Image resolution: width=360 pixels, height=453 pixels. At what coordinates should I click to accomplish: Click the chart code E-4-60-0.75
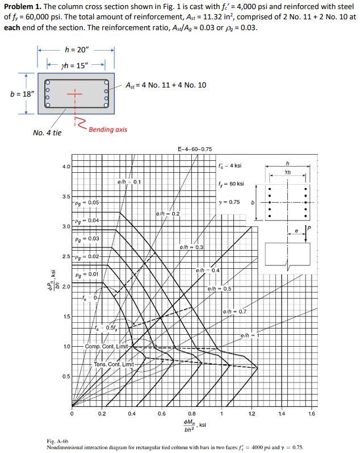[x=195, y=149]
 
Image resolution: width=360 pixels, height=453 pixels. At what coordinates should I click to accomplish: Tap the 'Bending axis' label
[x=108, y=130]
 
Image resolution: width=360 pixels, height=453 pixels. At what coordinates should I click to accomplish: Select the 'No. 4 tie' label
[x=47, y=133]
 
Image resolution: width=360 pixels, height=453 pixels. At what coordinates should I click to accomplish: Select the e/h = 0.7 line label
[x=235, y=311]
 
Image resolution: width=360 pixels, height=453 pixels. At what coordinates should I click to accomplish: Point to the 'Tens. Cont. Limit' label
[x=114, y=364]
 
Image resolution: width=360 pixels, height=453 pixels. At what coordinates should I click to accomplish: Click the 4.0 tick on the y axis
[x=66, y=167]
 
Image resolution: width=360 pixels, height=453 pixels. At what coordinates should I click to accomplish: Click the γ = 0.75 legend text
[x=229, y=202]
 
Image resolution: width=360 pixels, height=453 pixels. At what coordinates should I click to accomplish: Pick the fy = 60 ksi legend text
[x=231, y=184]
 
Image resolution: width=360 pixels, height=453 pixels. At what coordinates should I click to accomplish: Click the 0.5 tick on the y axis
[x=66, y=376]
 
